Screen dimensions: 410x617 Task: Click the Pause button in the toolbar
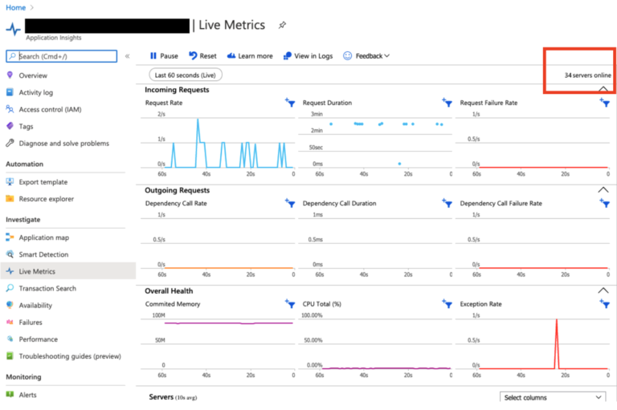(163, 56)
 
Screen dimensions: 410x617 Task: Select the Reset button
(202, 56)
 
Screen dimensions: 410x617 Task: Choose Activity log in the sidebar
(35, 92)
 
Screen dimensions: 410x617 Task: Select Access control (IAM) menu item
(50, 109)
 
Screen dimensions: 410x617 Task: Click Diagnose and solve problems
(63, 144)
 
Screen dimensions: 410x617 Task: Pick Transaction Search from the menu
(47, 288)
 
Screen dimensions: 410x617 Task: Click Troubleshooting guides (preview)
(69, 356)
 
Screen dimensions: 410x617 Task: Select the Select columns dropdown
(553, 397)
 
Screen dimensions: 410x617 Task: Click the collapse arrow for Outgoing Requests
(603, 190)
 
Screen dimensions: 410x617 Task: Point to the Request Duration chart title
(327, 103)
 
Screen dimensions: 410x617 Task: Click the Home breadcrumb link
(15, 7)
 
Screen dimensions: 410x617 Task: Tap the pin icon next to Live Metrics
(282, 25)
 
